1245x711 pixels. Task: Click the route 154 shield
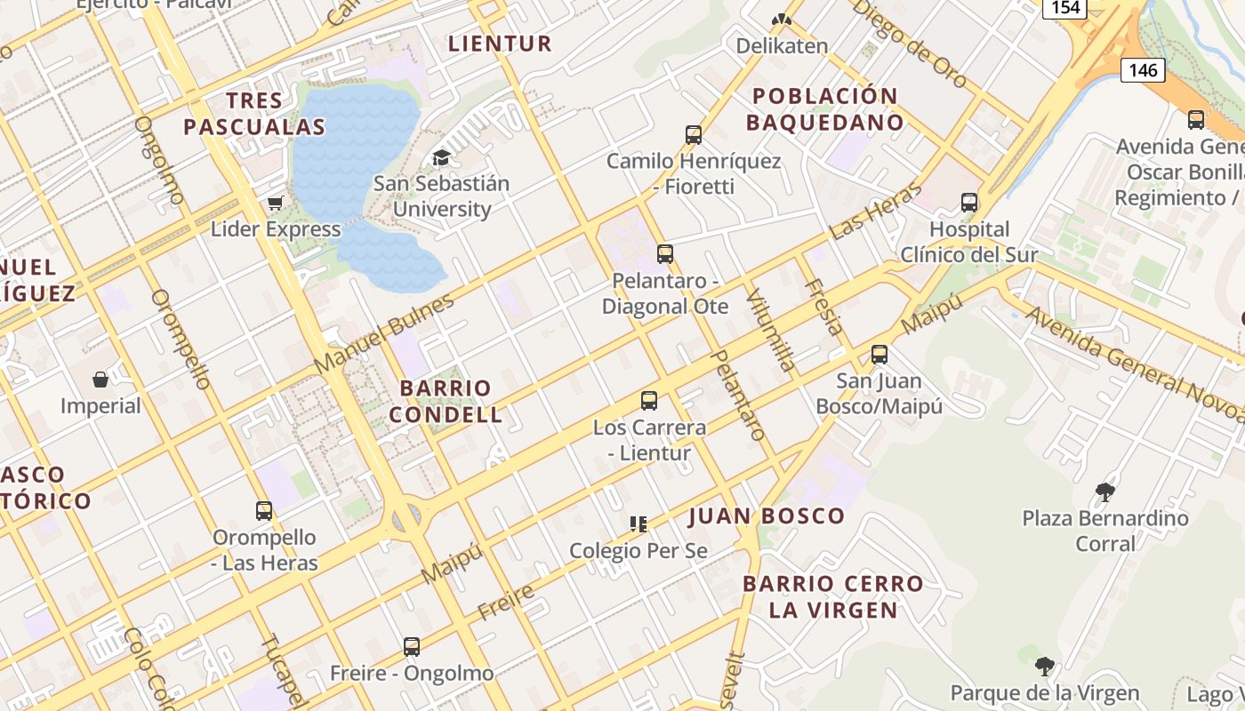click(x=1064, y=8)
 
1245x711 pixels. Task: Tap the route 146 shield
click(x=1142, y=69)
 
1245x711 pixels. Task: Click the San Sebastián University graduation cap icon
click(x=441, y=158)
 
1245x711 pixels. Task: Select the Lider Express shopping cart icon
click(x=276, y=204)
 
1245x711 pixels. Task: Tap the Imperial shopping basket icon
click(x=100, y=379)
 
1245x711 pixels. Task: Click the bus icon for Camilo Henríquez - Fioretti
click(x=694, y=135)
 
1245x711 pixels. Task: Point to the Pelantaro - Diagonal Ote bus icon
click(x=664, y=254)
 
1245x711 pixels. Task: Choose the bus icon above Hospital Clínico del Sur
click(x=969, y=203)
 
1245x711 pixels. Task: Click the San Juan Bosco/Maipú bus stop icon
click(x=880, y=355)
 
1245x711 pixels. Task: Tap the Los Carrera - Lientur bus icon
click(x=649, y=401)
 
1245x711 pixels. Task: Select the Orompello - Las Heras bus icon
click(x=264, y=511)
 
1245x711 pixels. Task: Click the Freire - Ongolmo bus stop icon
click(x=411, y=647)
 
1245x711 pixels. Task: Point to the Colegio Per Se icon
click(x=638, y=524)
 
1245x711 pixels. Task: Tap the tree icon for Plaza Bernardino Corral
click(x=1104, y=491)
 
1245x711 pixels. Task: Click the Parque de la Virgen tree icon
click(x=1045, y=667)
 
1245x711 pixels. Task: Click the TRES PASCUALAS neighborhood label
click(x=254, y=114)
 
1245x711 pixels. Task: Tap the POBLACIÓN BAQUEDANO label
click(x=824, y=108)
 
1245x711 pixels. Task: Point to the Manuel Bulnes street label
click(x=384, y=333)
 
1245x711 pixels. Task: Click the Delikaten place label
click(x=782, y=45)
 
